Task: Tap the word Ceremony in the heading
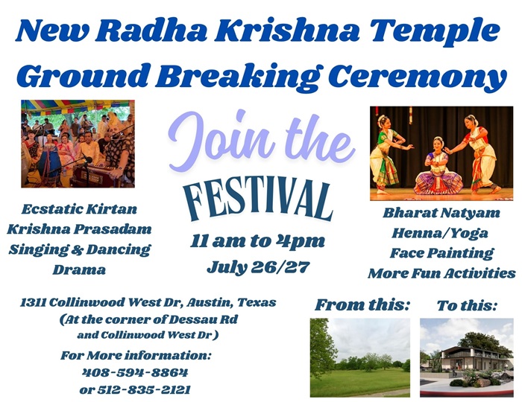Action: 417,77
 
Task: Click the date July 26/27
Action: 258,267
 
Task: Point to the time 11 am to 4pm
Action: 257,241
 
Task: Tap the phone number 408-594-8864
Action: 135,372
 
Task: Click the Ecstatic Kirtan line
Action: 79,209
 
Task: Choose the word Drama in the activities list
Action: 79,269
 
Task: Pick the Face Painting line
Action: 441,253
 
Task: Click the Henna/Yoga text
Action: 440,233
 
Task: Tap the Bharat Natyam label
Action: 441,213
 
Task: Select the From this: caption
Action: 362,305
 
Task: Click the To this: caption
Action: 467,305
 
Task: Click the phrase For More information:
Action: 136,356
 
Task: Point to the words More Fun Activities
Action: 441,273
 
